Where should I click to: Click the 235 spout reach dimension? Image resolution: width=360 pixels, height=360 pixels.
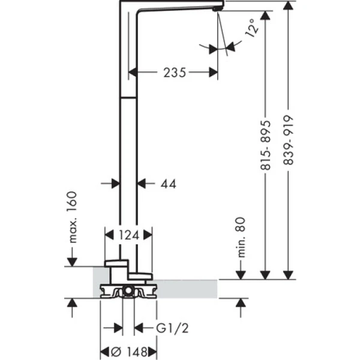[x=173, y=73]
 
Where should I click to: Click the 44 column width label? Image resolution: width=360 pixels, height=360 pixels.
[x=168, y=184]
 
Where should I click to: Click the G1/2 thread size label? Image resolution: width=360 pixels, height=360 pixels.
[x=169, y=328]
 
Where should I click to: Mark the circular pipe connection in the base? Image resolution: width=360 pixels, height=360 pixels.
[x=128, y=292]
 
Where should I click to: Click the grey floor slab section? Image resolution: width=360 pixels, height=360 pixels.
[x=192, y=288]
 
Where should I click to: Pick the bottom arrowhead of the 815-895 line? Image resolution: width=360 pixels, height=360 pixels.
[x=265, y=274]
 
